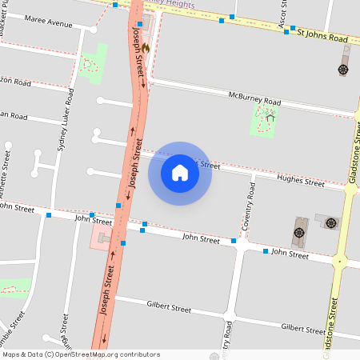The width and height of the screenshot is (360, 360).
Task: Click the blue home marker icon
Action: [180, 173]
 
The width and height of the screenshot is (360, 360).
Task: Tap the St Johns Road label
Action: [322, 37]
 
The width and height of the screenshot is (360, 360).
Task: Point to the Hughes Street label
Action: [300, 182]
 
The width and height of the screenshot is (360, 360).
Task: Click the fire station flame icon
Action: [146, 48]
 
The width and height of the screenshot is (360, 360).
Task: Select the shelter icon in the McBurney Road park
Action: [270, 118]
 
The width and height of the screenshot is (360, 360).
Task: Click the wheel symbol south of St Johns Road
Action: [343, 70]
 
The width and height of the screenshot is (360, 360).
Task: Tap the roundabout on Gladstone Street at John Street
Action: [340, 261]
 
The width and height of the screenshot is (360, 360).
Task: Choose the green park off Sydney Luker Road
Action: [91, 62]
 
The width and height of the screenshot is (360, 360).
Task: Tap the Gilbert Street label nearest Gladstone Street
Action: [302, 329]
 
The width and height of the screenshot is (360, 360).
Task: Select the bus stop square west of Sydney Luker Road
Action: [49, 214]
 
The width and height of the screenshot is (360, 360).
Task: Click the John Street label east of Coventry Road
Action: [289, 254]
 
